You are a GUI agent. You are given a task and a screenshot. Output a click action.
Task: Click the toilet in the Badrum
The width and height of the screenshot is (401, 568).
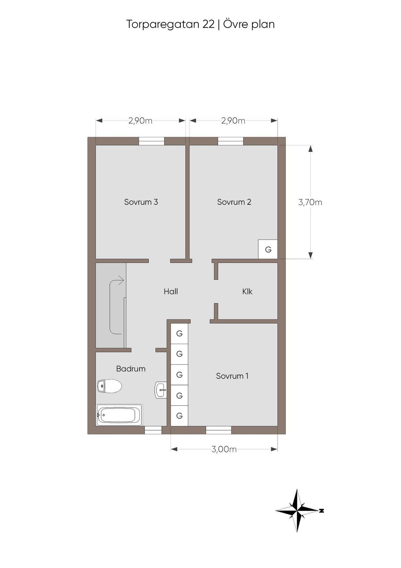pyautogui.click(x=110, y=386)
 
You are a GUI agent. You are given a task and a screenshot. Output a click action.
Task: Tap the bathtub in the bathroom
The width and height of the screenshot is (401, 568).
pyautogui.click(x=119, y=415)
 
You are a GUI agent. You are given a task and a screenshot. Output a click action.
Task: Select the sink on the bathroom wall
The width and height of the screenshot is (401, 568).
pyautogui.click(x=161, y=390)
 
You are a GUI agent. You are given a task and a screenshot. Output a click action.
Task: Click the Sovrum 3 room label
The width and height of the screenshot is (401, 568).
pyautogui.click(x=141, y=202)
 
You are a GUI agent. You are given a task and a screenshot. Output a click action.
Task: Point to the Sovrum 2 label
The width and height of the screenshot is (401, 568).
pyautogui.click(x=234, y=202)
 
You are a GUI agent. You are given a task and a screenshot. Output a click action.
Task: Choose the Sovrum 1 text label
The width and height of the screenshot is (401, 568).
pyautogui.click(x=232, y=376)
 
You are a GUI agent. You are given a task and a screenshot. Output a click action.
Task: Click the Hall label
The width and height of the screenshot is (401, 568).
pyautogui.click(x=171, y=291)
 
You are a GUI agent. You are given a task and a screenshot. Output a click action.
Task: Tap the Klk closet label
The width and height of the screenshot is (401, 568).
pyautogui.click(x=247, y=291)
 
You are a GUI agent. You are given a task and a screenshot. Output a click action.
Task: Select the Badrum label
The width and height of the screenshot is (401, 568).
pyautogui.click(x=131, y=369)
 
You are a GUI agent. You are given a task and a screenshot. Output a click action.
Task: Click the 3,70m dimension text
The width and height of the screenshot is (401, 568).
pyautogui.click(x=310, y=202)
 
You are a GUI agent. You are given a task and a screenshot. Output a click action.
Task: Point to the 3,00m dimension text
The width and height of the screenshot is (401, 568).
pyautogui.click(x=224, y=449)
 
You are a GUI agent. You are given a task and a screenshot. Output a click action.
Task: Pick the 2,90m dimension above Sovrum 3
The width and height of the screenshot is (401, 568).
pyautogui.click(x=140, y=121)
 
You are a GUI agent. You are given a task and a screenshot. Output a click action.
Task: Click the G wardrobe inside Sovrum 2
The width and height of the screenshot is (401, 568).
pyautogui.click(x=268, y=249)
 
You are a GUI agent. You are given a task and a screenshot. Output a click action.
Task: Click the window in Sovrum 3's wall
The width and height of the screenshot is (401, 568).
pyautogui.click(x=152, y=141)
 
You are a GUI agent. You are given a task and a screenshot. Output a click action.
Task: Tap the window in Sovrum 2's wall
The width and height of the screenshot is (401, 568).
pyautogui.click(x=231, y=141)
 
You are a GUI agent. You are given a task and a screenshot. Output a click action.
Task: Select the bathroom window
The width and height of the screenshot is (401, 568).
pyautogui.click(x=153, y=430)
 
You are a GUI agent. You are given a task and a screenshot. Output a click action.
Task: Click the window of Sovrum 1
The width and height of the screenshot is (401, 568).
pyautogui.click(x=219, y=430)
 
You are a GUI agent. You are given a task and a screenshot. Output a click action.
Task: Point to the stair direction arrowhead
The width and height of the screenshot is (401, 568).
pyautogui.click(x=121, y=280)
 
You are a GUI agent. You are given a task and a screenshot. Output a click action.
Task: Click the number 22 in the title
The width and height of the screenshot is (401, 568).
pyautogui.click(x=209, y=24)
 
